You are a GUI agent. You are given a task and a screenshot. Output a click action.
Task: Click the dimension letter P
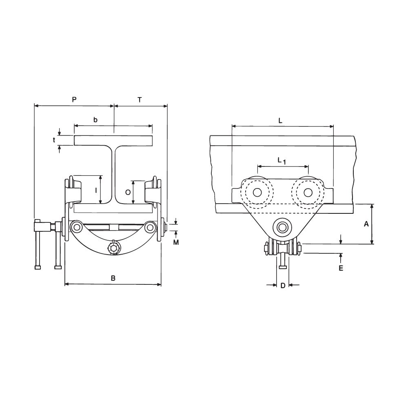point(74,100)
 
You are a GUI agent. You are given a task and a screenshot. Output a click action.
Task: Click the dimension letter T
point(140,100)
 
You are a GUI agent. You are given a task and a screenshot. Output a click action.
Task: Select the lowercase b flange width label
point(95,120)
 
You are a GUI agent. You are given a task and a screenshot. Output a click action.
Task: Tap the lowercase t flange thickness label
point(54,140)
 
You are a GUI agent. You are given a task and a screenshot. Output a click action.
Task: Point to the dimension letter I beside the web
point(96,190)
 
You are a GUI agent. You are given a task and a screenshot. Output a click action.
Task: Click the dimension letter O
point(127,192)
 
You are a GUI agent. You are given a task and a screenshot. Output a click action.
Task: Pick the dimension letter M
point(176,242)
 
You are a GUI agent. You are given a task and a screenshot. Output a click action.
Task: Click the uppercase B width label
point(113,278)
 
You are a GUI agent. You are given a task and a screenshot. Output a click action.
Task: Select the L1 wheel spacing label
point(282,160)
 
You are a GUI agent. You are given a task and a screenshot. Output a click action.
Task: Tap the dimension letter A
point(366,224)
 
